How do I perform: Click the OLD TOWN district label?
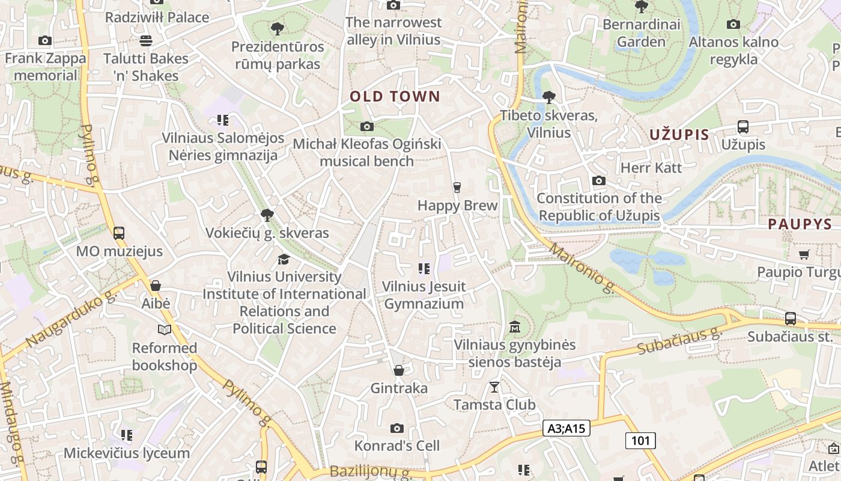395,96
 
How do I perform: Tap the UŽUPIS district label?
679,135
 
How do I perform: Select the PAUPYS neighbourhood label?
800,224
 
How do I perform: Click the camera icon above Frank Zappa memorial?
45,41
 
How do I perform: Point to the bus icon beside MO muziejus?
119,233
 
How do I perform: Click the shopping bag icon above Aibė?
156,286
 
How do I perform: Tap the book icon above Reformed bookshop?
164,329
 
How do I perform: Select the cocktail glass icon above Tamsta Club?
494,387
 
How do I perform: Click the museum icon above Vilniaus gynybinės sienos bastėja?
515,328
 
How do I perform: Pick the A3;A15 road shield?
566,428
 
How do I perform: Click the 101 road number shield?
640,441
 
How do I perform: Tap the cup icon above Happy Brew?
457,188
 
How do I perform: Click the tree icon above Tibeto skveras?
548,97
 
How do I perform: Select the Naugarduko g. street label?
71,319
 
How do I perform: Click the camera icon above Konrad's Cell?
396,428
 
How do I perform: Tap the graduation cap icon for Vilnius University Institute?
284,259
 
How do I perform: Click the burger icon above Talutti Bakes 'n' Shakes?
145,41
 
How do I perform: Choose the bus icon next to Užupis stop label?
743,127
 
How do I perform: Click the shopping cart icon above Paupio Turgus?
804,255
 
